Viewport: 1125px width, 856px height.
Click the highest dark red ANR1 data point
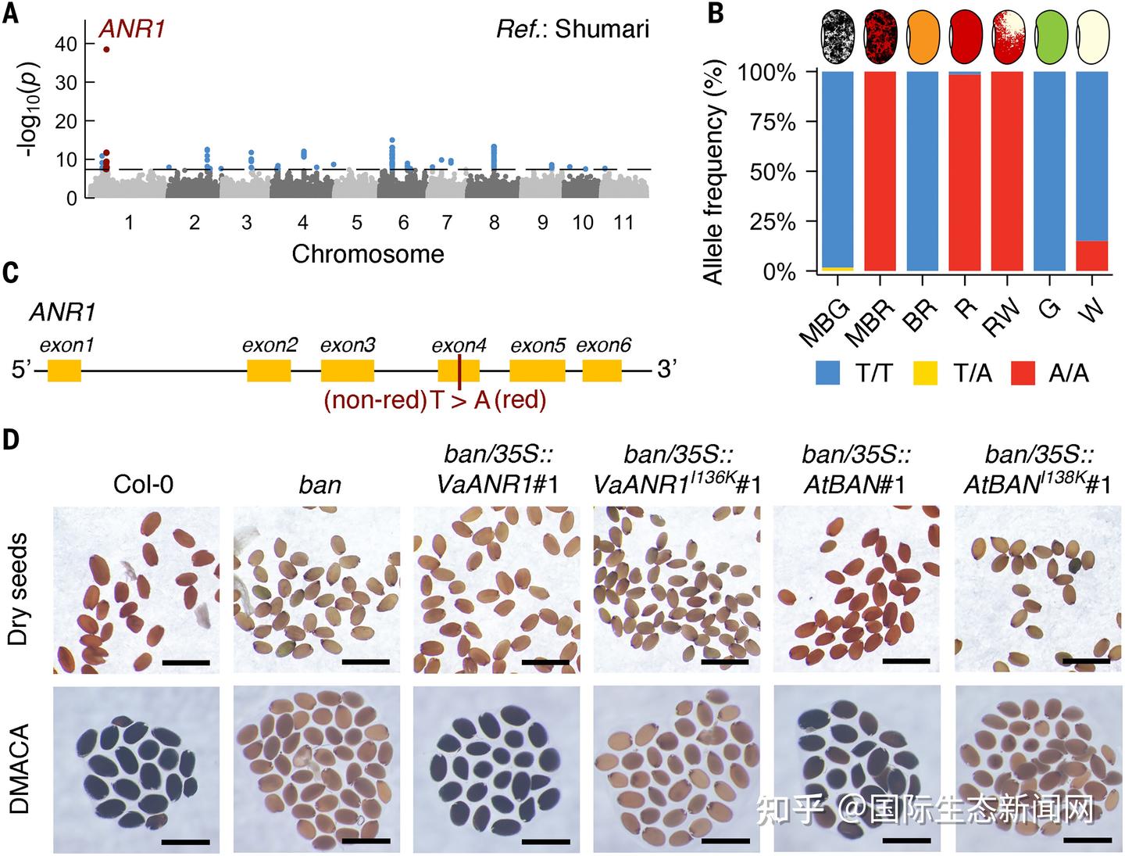tap(106, 49)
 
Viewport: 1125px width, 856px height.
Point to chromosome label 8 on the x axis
tap(495, 223)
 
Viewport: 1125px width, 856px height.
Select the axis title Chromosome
tap(368, 254)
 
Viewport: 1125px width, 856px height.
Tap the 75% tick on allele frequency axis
tap(773, 122)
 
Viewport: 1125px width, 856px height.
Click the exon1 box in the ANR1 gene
tap(64, 371)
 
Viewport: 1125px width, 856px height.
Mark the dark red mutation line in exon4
tap(459, 371)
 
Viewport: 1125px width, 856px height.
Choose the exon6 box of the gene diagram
tap(602, 371)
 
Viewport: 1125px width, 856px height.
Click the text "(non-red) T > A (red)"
tap(435, 399)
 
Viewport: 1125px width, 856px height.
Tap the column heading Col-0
tap(144, 485)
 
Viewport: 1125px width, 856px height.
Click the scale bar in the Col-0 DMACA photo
tap(186, 841)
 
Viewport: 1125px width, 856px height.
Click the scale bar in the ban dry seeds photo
tap(366, 662)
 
